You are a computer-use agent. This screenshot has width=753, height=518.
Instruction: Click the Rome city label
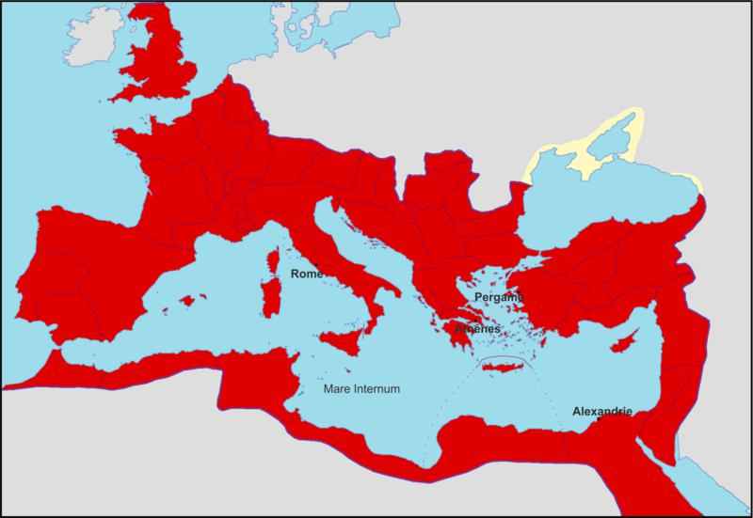[307, 274]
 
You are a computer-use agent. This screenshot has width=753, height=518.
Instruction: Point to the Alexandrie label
[601, 411]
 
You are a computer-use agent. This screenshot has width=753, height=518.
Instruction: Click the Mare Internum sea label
[361, 388]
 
